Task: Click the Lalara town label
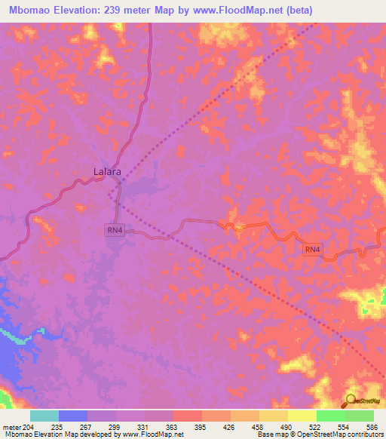pos(107,172)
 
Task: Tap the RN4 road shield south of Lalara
pos(114,230)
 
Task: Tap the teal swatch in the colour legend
pos(44,416)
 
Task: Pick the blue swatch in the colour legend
pos(73,416)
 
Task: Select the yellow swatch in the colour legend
pos(302,416)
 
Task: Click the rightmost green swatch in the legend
pos(359,416)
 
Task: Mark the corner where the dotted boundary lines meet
pos(109,194)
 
